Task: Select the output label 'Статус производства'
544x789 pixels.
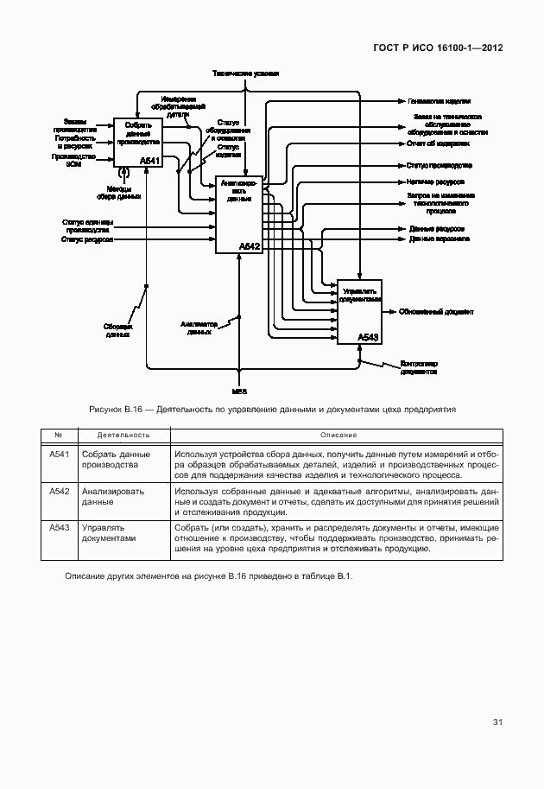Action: pos(439,164)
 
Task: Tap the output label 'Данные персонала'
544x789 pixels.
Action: pos(438,238)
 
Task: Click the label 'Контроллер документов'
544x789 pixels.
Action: pos(419,368)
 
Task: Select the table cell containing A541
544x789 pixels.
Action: pos(59,455)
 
